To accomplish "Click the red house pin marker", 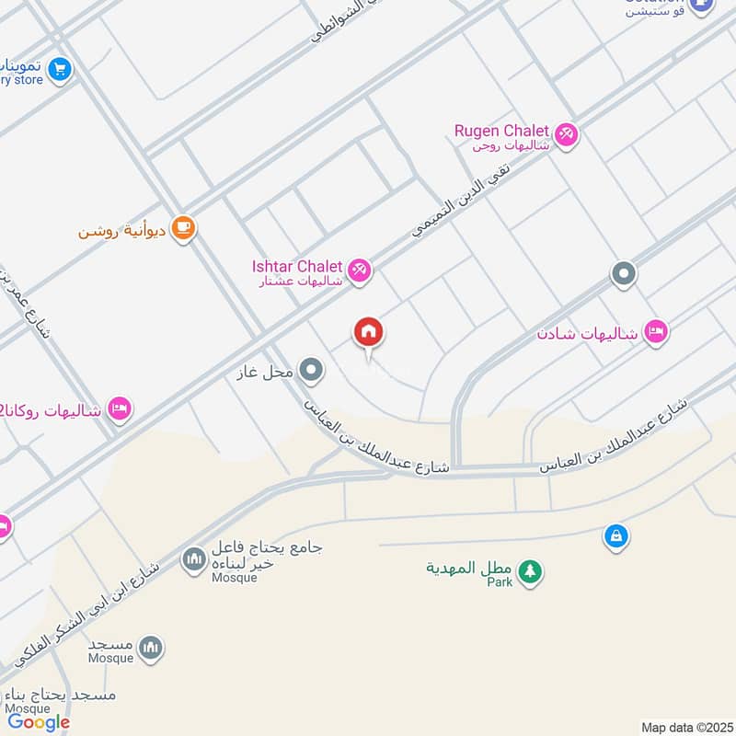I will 369,334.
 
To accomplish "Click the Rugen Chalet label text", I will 501,132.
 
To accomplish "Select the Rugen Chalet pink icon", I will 567,134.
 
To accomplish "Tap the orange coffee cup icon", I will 184,228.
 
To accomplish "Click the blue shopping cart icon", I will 59,69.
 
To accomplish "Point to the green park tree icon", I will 529,572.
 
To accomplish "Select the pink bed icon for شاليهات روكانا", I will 120,408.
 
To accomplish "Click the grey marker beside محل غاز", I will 313,371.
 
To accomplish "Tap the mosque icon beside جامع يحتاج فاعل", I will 193,558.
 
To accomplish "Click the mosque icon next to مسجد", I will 153,649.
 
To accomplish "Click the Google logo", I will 39,722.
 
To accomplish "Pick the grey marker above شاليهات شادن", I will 624,273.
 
